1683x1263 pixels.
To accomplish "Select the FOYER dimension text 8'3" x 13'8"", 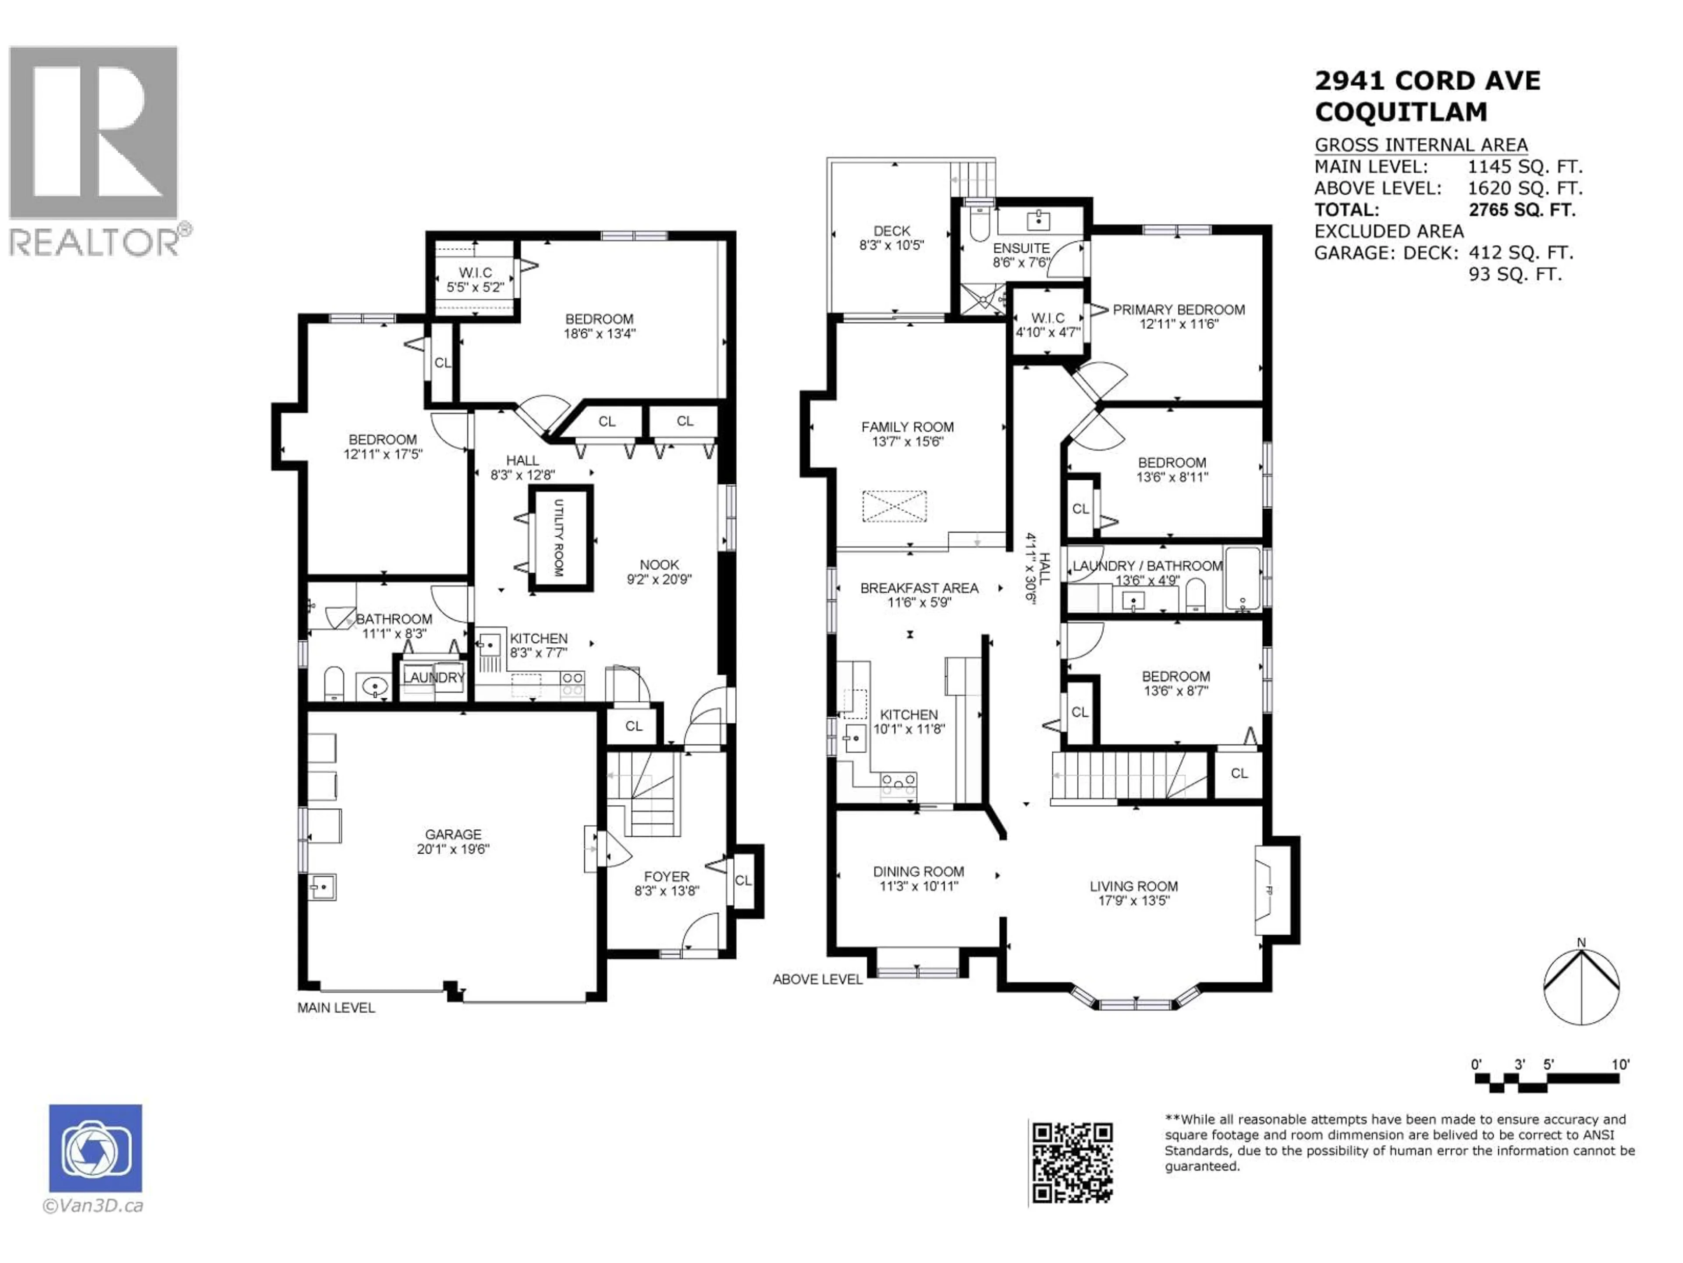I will (667, 891).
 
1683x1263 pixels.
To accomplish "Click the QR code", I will (1072, 1163).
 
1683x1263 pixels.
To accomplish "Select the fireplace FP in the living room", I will (1267, 890).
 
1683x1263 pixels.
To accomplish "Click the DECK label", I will (892, 231).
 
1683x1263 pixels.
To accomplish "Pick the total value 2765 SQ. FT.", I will (1522, 210).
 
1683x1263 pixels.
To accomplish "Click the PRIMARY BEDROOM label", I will (1179, 310).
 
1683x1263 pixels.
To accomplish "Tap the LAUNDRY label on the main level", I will (433, 678).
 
